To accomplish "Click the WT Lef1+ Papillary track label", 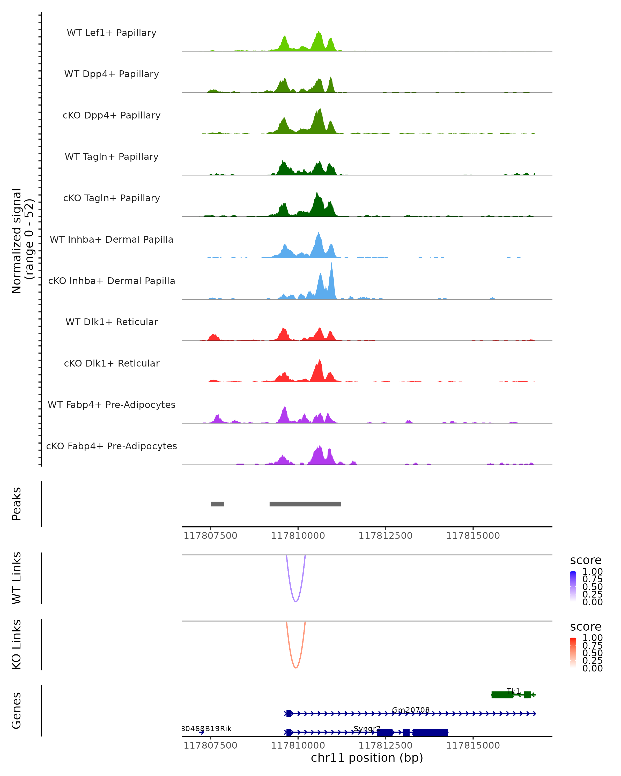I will click(x=112, y=33).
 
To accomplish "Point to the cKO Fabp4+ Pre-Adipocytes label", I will click(x=112, y=446).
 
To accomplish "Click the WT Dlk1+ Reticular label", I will click(x=112, y=322).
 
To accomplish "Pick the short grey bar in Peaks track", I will click(x=217, y=504).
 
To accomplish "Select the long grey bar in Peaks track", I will click(x=305, y=504).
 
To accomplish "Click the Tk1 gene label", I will click(x=513, y=691).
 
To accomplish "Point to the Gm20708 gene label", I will click(x=410, y=710).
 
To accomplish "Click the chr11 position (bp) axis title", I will click(x=367, y=758).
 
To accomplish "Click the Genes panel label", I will click(x=16, y=711).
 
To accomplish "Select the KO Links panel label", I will click(x=16, y=644).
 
